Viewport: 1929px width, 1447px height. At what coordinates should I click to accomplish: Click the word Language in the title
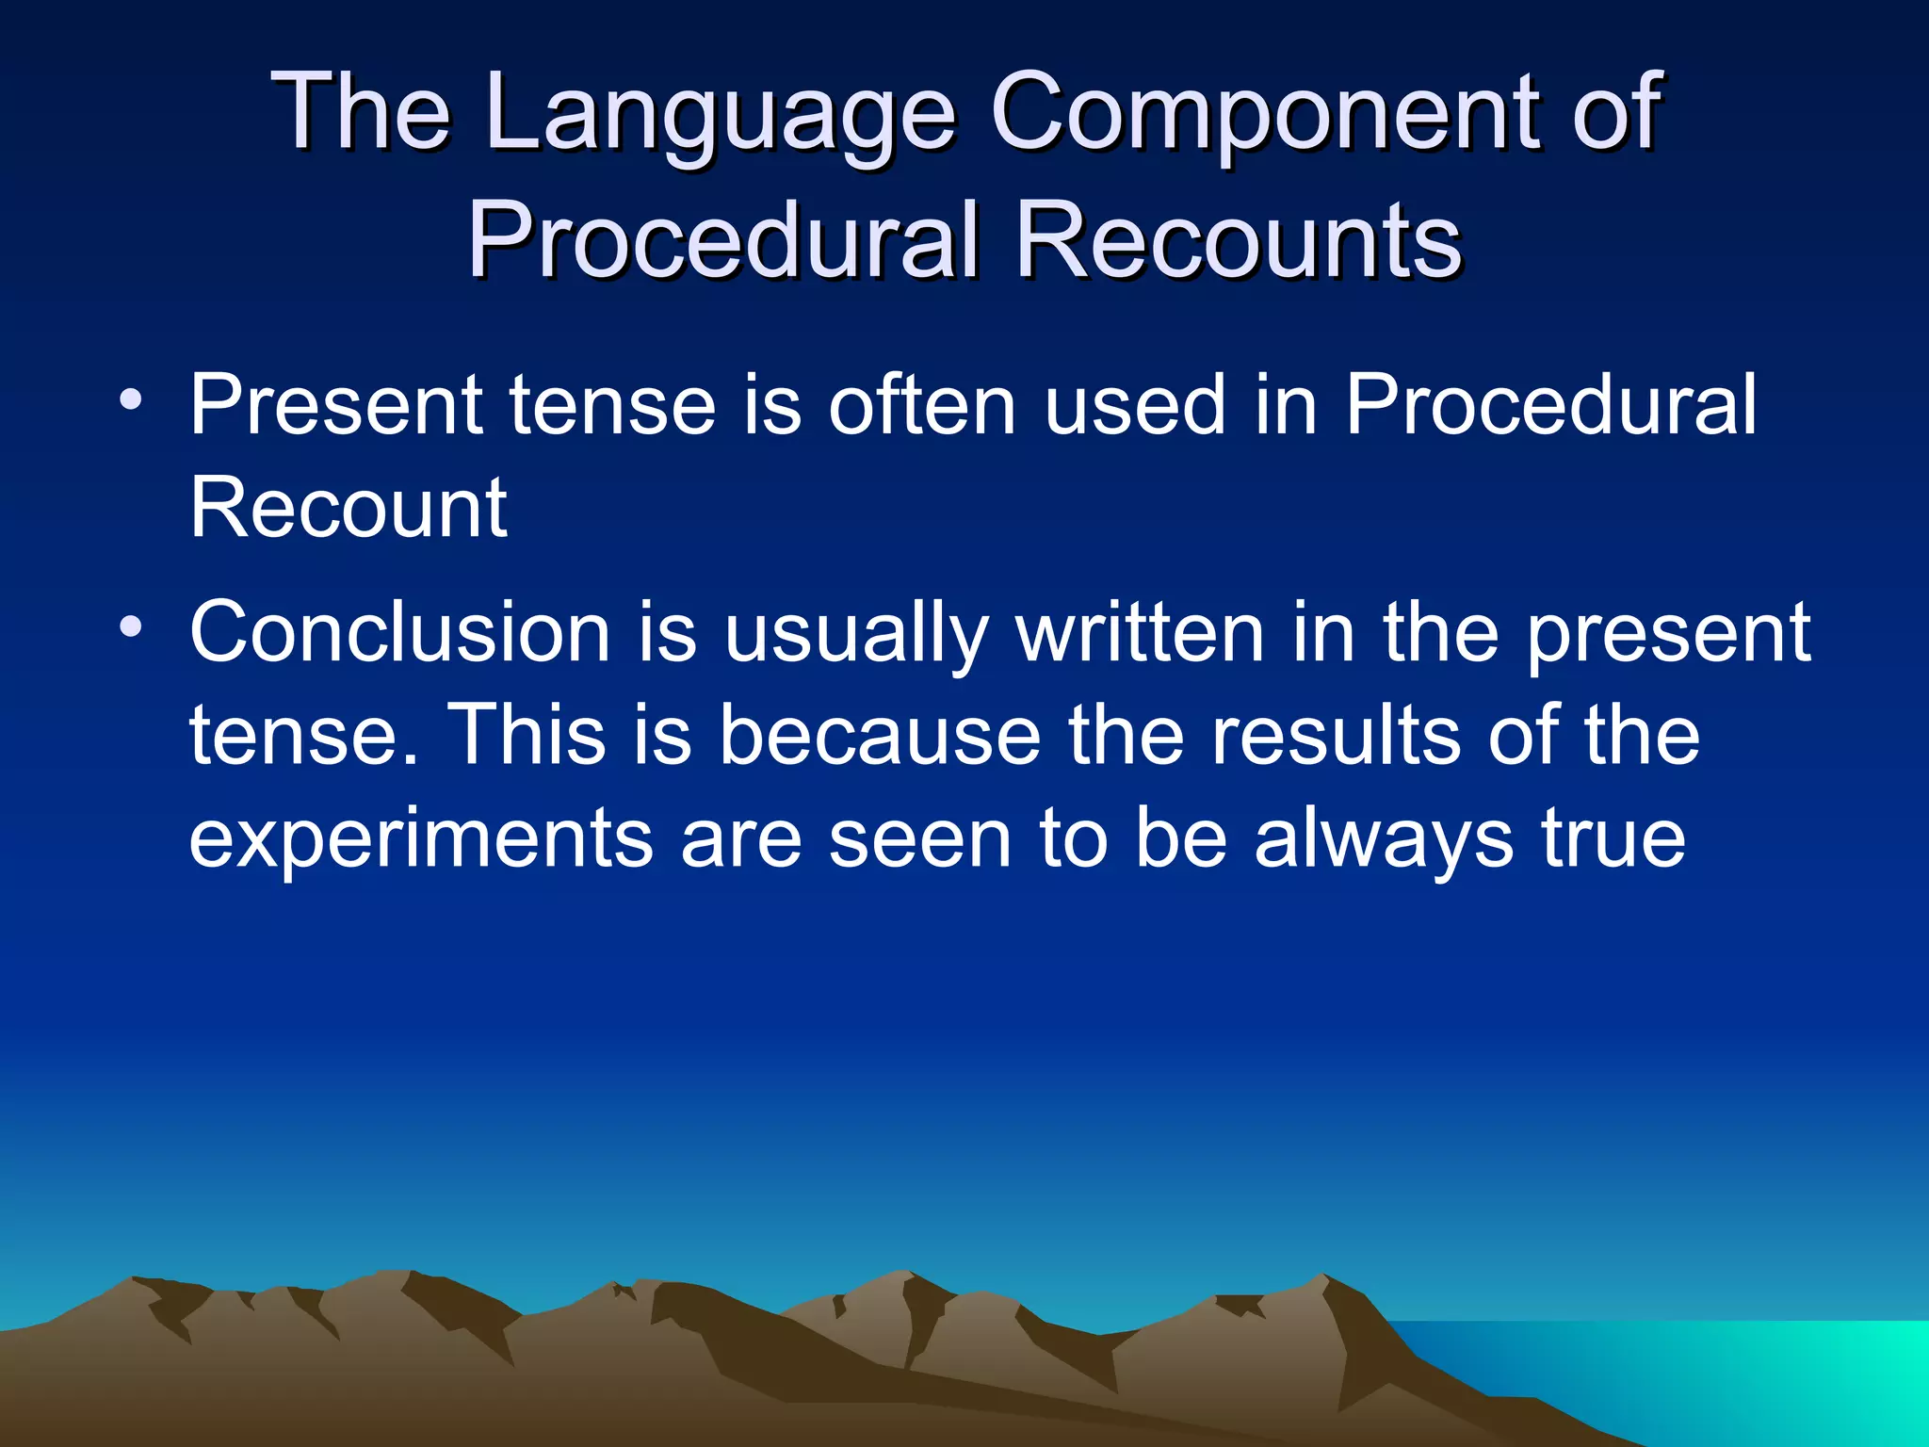[x=721, y=115]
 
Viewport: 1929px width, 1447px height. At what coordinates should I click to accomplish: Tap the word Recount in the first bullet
[x=349, y=509]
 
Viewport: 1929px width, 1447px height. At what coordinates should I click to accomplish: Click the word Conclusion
[x=399, y=633]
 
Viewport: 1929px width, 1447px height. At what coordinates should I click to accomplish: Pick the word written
[x=1140, y=633]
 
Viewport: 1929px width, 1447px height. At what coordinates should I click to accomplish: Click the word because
[x=880, y=736]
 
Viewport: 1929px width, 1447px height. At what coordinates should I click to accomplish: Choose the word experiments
[x=420, y=840]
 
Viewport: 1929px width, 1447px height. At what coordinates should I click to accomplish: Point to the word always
[x=1383, y=840]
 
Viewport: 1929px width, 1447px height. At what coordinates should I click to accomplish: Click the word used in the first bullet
[x=1134, y=405]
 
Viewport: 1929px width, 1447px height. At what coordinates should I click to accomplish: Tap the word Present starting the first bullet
[x=335, y=405]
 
